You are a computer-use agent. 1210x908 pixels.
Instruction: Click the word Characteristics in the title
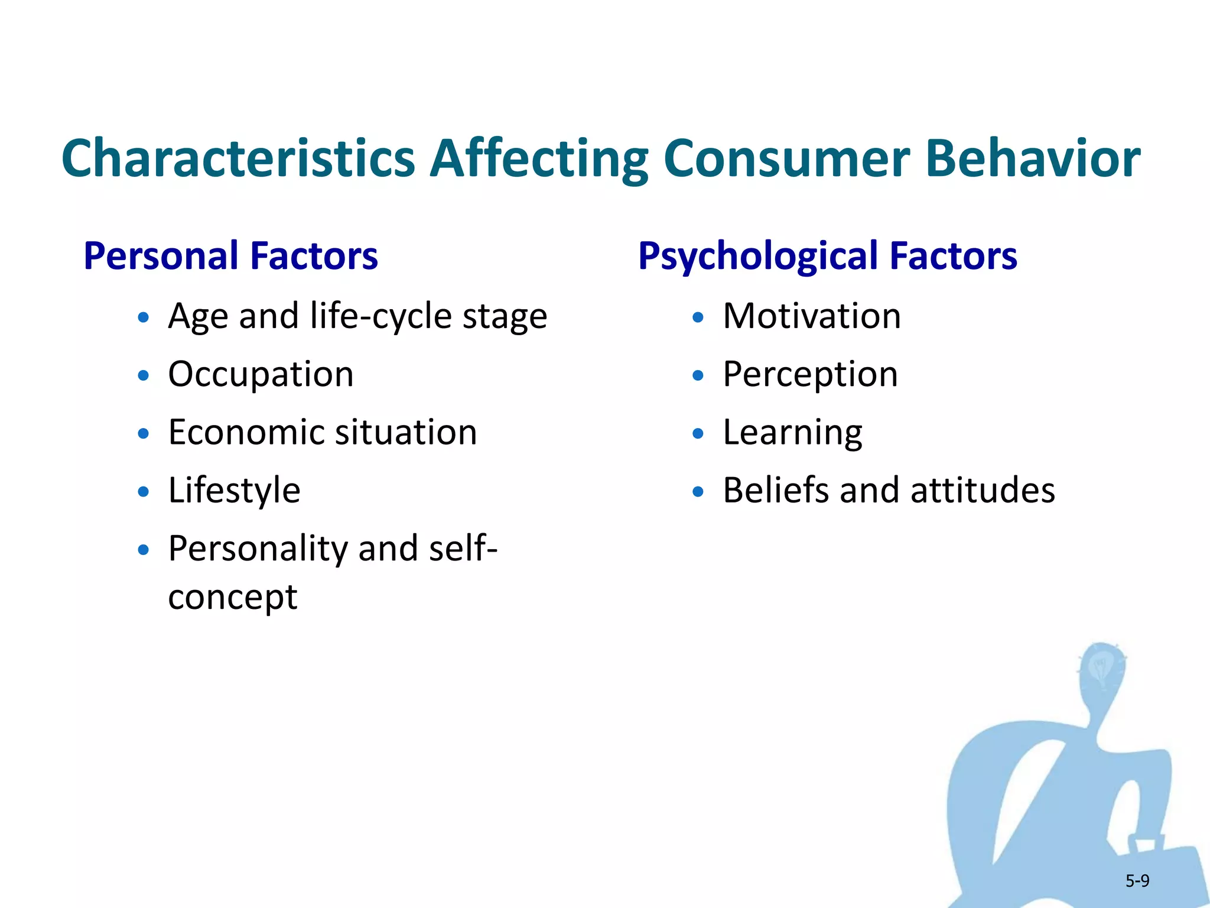[x=238, y=158]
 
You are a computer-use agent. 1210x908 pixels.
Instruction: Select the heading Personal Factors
[x=230, y=256]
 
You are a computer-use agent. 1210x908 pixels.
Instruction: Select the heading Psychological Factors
[x=827, y=257]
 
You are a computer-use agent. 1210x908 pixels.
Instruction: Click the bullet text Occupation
[x=261, y=374]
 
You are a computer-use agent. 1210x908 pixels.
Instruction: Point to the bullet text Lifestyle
[x=234, y=491]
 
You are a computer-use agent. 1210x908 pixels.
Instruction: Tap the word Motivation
[x=812, y=316]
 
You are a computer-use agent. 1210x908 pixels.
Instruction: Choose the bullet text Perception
[x=810, y=375]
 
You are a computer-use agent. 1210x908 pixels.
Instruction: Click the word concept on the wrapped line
[x=232, y=598]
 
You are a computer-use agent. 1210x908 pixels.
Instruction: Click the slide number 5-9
[x=1137, y=881]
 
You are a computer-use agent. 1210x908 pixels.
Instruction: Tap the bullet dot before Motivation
[x=698, y=318]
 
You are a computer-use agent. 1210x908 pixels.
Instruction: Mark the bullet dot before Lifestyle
[x=143, y=492]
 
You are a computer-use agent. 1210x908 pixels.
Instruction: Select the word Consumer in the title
[x=786, y=158]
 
